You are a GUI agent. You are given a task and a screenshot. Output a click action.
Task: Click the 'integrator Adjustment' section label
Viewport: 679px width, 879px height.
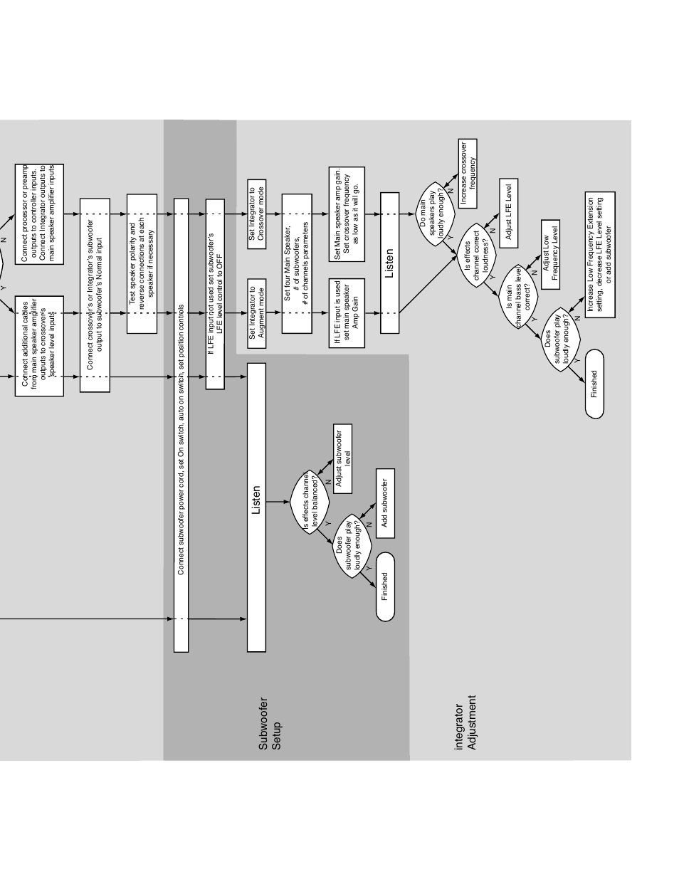[x=464, y=727]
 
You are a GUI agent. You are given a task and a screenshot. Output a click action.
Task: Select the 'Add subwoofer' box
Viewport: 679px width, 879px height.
[x=384, y=503]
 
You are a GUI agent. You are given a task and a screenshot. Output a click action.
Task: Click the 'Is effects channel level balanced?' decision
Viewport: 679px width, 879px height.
[x=310, y=502]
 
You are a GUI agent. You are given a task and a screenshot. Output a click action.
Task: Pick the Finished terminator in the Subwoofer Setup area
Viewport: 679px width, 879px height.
[x=385, y=586]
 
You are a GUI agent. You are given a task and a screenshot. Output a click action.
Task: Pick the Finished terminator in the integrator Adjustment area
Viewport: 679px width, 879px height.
[x=594, y=384]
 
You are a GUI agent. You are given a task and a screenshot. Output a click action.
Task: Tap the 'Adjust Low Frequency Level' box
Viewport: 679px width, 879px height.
[x=550, y=254]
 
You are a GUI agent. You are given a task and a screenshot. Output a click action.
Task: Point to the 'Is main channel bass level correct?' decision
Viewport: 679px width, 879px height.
[x=518, y=298]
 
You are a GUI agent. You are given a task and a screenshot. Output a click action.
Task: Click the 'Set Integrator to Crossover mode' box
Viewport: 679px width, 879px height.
[x=256, y=214]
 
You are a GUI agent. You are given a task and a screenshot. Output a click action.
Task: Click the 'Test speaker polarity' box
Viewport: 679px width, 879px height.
[x=142, y=263]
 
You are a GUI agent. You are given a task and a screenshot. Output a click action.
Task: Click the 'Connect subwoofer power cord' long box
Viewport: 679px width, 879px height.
[x=181, y=424]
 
